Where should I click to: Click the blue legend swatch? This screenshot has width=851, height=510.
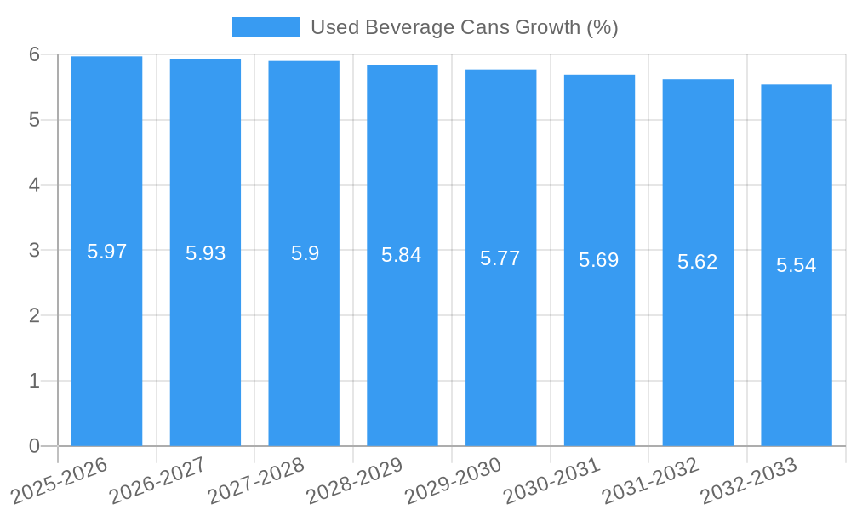coord(266,27)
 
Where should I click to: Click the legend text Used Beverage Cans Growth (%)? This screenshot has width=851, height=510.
coord(464,27)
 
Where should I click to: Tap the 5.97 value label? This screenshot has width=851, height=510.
coord(106,252)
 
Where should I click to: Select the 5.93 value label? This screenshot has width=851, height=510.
coord(205,253)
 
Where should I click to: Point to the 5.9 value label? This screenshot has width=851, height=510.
coord(304,253)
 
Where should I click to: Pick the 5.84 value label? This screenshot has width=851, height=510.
coord(402,255)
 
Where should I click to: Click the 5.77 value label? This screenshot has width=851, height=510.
coord(500,258)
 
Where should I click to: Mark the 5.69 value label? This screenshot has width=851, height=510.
coord(599,260)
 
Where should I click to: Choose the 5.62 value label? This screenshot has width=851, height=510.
coord(698,262)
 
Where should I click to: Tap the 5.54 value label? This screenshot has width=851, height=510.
coord(797,265)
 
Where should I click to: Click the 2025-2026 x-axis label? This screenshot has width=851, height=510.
coord(60,479)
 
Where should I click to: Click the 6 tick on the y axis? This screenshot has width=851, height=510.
coord(34,54)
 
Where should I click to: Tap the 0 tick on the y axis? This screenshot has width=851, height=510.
coord(34,446)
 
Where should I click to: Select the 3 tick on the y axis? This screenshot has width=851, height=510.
coord(34,251)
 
